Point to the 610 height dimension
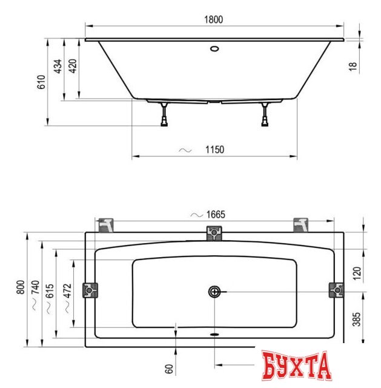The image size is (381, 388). pyautogui.click(x=41, y=82)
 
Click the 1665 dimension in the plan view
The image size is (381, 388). pyautogui.click(x=216, y=214)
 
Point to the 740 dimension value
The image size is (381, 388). pyautogui.click(x=36, y=293)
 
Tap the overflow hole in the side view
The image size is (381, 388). pyautogui.click(x=214, y=48)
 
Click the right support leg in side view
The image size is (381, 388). pyautogui.click(x=265, y=115)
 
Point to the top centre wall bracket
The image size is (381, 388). pyautogui.click(x=215, y=232)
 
